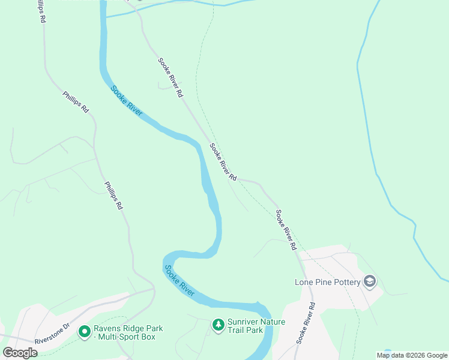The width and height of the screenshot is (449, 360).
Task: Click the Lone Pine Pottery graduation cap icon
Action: tap(370, 282)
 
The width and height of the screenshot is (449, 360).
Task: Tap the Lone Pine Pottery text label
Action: tap(327, 282)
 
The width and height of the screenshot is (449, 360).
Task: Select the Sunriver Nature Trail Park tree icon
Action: tap(218, 325)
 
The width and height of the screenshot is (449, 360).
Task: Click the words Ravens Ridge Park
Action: tap(128, 328)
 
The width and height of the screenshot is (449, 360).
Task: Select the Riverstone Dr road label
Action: tap(52, 332)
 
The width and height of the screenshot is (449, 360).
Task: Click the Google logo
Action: tap(20, 353)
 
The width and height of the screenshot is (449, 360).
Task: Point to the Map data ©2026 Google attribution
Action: tap(412, 355)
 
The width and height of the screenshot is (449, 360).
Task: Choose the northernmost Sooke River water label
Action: tap(127, 101)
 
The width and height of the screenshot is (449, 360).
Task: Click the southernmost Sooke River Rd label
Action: tap(306, 323)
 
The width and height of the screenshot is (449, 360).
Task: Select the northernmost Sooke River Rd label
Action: tap(170, 78)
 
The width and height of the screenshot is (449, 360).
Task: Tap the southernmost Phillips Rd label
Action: tap(113, 196)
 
